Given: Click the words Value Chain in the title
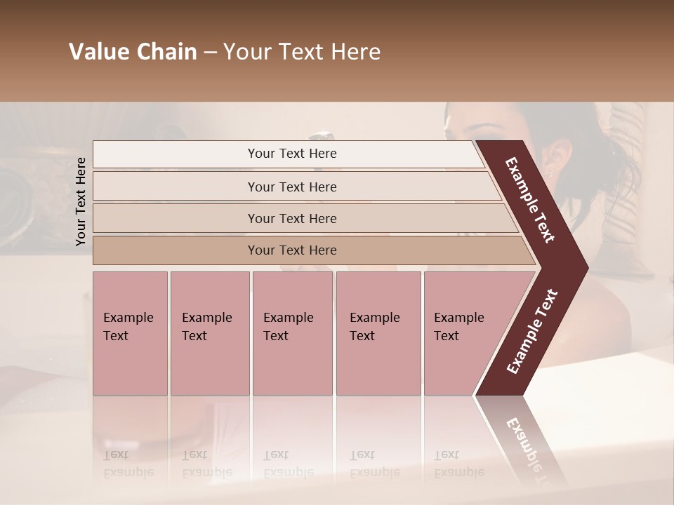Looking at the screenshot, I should point(133,52).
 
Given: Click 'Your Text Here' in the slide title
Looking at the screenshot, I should point(302,52).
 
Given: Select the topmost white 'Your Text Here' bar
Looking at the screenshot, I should point(292,154).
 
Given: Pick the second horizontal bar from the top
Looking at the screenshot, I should point(292,187).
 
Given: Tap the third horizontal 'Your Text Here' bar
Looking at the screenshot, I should point(292,218).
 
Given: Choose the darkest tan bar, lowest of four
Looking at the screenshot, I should point(292,250).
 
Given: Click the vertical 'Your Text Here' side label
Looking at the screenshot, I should point(81,201).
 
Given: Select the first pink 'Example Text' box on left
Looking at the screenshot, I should point(130,332).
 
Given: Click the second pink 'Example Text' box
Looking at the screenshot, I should point(209,332).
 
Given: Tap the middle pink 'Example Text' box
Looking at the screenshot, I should point(292,332).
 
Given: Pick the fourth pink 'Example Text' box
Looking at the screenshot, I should point(378,332).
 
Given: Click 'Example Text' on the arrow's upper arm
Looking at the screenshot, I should point(529,201).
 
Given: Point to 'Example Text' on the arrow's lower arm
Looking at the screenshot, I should point(531,331).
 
